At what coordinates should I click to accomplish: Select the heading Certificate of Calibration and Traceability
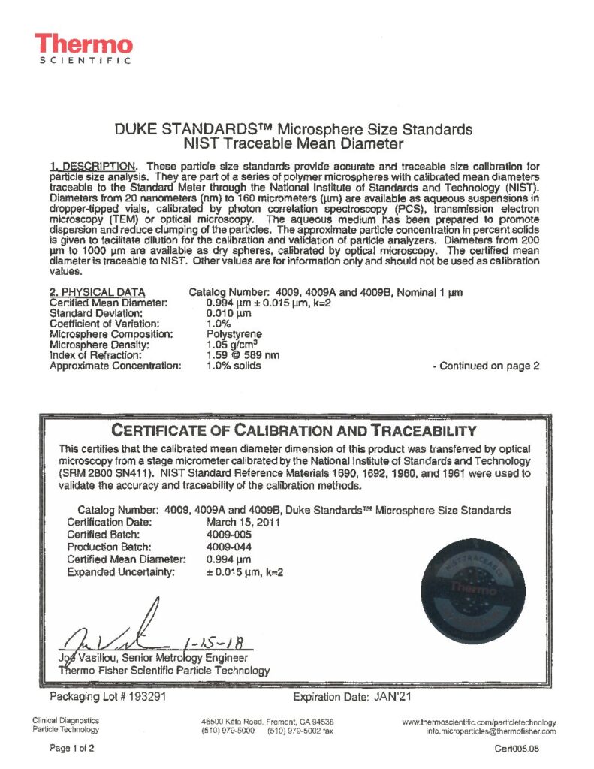tap(294, 430)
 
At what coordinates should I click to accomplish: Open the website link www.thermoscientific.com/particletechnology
tap(479, 722)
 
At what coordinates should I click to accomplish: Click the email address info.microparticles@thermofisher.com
tap(491, 731)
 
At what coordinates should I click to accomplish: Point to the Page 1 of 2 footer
tap(73, 748)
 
